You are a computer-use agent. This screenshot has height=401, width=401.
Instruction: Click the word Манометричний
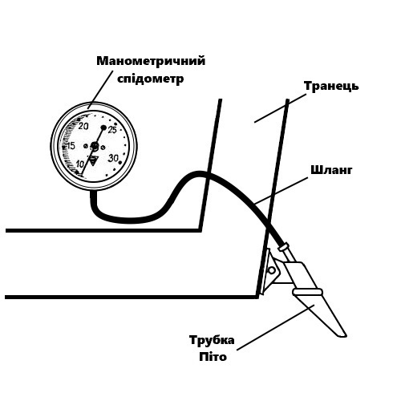pos(151,61)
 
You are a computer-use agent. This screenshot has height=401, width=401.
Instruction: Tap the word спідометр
pos(151,79)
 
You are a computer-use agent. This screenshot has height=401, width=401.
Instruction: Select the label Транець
pos(331,86)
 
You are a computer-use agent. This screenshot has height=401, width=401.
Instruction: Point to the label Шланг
pos(331,170)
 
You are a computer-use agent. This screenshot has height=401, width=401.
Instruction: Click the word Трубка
pos(212,340)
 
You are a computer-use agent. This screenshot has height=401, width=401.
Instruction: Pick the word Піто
pos(213,357)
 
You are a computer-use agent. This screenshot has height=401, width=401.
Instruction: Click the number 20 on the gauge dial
pos(83,126)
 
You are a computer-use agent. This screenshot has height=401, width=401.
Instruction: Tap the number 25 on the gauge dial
pos(112,130)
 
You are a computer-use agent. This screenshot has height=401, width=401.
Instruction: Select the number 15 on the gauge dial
pos(71,146)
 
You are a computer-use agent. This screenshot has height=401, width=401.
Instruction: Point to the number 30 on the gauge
pos(113,158)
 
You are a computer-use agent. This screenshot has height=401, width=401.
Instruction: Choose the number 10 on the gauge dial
pos(79,164)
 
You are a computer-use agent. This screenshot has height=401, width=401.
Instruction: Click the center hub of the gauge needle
pos(95,146)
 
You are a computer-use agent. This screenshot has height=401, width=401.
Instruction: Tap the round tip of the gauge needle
pos(103,128)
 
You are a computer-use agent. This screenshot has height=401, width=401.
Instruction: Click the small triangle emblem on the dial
pos(93,160)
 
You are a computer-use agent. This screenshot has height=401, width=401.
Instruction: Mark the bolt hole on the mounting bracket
pos(272,270)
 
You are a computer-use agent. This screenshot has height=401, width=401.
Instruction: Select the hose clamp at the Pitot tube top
pos(284,246)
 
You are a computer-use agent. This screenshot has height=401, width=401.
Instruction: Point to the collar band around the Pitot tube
pos(307,292)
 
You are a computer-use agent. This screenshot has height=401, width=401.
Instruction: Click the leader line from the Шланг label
pos(281,190)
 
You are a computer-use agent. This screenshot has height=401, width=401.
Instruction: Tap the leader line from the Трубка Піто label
pos(276,327)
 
